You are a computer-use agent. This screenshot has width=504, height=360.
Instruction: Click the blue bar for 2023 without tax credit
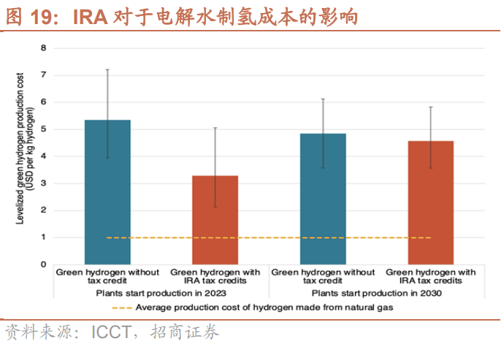(x=107, y=191)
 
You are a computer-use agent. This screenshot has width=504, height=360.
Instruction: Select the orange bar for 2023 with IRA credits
(x=215, y=219)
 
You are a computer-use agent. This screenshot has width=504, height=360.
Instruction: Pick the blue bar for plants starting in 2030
(x=323, y=199)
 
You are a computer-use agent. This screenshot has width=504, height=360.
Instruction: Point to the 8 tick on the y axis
(x=43, y=48)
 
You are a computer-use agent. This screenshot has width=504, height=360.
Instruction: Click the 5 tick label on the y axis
(x=43, y=129)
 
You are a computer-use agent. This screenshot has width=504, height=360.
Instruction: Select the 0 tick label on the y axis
(x=43, y=264)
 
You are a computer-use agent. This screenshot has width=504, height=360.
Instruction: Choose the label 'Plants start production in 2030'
(x=375, y=293)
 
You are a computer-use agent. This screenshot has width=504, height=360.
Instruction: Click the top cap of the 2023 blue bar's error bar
(x=107, y=69)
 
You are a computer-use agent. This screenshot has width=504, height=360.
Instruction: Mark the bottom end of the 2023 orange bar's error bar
(x=215, y=207)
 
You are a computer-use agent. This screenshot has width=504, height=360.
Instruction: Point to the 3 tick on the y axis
(x=43, y=183)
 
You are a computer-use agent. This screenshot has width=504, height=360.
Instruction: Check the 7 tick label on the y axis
(x=43, y=75)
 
